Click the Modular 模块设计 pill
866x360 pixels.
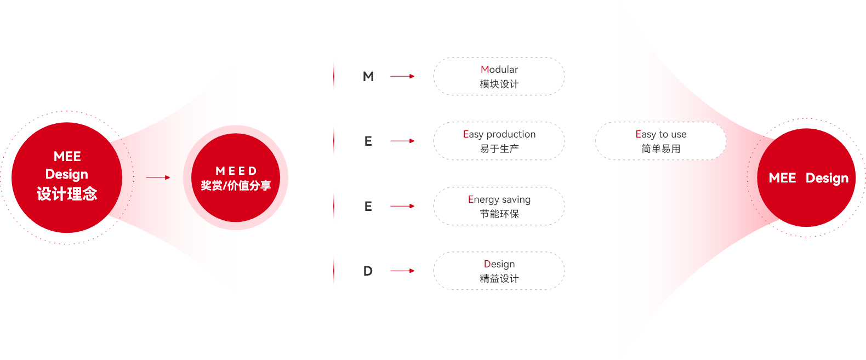pos(499,76)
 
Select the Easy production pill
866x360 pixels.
pos(499,141)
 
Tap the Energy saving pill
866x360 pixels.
pos(499,206)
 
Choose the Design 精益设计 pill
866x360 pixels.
pos(499,271)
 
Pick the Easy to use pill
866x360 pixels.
pos(660,141)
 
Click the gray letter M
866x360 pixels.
pos(368,76)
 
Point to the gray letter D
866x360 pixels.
pos(368,271)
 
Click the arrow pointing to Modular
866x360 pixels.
pos(402,76)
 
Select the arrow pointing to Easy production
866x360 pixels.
pos(402,141)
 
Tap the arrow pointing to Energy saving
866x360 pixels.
pos(402,206)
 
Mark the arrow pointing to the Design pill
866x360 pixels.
pos(402,271)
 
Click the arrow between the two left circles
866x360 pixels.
pos(158,178)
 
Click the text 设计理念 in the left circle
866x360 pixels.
pos(67,194)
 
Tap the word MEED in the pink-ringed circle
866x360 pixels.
pos(236,171)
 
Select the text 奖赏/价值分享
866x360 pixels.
pos(236,186)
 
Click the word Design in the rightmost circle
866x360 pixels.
pos(827,178)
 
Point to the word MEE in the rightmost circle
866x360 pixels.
pos(782,178)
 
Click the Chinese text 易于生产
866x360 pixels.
pos(499,148)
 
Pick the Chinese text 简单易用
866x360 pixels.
pos(660,148)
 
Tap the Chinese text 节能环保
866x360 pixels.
pos(499,214)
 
